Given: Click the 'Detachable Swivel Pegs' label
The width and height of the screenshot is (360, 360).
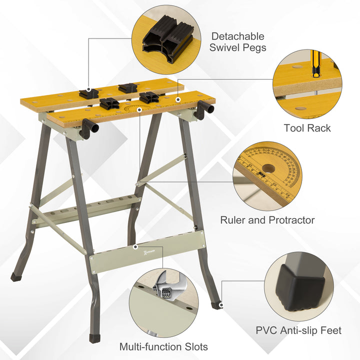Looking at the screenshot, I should tap(238, 42).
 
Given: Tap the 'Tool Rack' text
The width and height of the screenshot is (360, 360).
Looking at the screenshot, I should tap(307, 128).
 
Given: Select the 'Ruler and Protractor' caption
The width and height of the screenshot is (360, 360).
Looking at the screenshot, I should tap(267, 220).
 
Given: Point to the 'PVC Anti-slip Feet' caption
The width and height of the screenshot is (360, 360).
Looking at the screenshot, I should tap(298, 330).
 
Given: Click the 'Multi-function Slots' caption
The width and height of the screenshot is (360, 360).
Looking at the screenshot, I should tap(163, 346).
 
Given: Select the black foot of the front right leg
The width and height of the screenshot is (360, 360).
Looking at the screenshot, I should tap(216, 305).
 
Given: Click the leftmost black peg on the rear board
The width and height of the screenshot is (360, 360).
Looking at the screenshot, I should tap(88, 91).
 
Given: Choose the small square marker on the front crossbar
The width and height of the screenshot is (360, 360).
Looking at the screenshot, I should tap(135, 246).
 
